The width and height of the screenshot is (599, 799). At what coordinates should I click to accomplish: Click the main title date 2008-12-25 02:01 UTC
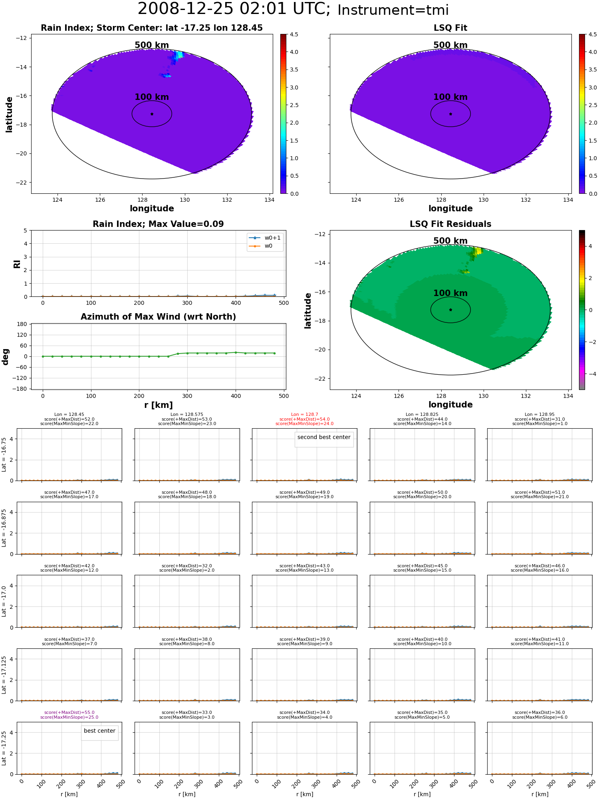click(x=234, y=9)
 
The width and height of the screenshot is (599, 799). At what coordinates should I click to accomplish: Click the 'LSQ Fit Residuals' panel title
click(x=450, y=224)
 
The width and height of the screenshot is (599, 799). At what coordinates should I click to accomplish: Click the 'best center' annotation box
click(x=99, y=731)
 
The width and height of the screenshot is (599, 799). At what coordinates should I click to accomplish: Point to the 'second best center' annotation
click(x=324, y=437)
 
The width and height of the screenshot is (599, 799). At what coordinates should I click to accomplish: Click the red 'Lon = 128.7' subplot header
click(x=305, y=415)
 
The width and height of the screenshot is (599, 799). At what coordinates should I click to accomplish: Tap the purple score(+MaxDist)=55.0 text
click(x=69, y=713)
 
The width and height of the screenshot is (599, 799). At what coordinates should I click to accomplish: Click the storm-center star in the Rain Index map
click(x=152, y=114)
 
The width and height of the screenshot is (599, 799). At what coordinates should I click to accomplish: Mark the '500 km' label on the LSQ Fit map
click(x=450, y=45)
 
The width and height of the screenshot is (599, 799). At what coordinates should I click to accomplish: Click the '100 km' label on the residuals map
click(x=450, y=293)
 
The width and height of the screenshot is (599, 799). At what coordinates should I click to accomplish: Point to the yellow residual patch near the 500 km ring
click(x=478, y=251)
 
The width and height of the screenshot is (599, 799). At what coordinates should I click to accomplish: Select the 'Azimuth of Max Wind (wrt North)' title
click(x=159, y=317)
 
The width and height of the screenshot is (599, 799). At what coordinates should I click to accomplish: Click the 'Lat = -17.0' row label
click(x=4, y=601)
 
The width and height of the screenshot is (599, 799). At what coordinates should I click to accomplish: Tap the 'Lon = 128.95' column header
click(x=539, y=415)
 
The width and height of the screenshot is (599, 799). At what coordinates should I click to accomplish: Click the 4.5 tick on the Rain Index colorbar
click(x=294, y=35)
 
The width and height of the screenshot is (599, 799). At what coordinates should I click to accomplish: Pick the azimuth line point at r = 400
click(x=236, y=352)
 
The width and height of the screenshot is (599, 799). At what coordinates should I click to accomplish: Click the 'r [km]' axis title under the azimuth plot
click(x=159, y=405)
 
